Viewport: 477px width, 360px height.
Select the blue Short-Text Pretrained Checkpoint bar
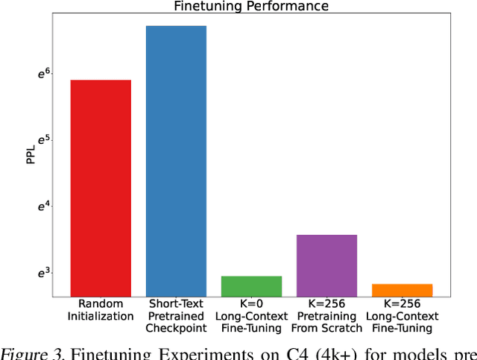(176, 161)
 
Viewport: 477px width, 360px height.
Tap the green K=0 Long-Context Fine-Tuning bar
(251, 286)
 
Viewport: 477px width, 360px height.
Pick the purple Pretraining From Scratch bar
(326, 265)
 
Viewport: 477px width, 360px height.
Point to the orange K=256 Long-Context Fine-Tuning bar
(402, 290)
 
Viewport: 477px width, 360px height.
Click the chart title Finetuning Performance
(250, 6)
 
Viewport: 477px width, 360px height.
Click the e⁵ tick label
(44, 140)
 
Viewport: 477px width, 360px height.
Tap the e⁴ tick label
(44, 206)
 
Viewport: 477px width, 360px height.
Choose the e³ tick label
(44, 273)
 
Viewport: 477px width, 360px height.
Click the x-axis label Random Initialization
(101, 310)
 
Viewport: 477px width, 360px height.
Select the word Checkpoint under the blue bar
(176, 328)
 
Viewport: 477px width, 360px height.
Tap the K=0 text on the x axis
(251, 304)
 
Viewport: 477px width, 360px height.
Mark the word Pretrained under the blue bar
(176, 316)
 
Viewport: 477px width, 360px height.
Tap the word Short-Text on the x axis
(176, 304)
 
